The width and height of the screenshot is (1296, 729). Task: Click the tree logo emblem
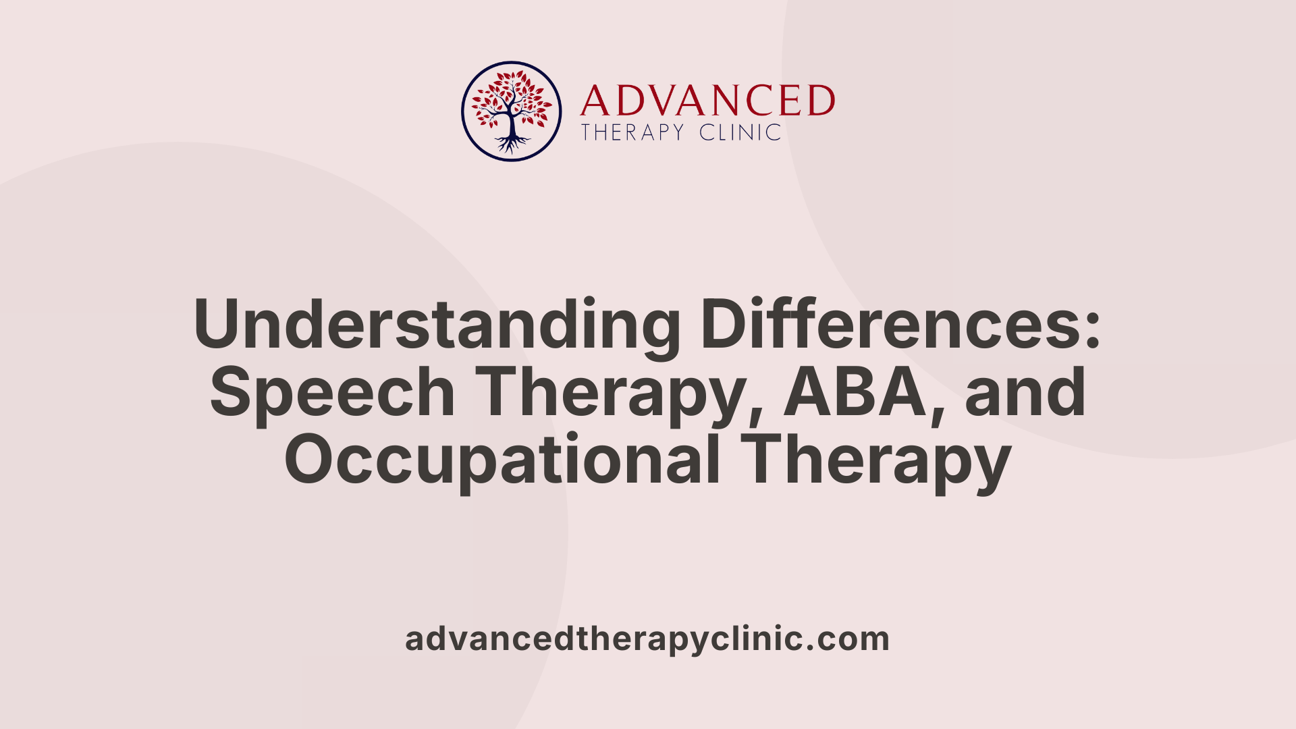511,111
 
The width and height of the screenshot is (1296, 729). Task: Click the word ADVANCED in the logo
707,101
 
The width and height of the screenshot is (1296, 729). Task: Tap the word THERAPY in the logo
633,132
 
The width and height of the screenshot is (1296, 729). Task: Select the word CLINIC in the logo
740,132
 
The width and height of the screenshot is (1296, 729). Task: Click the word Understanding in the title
437,324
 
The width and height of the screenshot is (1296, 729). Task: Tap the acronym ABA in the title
855,393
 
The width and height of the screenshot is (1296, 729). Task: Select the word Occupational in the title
502,460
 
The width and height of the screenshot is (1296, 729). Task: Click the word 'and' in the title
1025,393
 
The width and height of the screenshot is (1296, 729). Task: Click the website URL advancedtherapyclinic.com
647,639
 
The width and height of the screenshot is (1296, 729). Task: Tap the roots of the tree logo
512,144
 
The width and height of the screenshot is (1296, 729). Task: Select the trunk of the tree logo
512,125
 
